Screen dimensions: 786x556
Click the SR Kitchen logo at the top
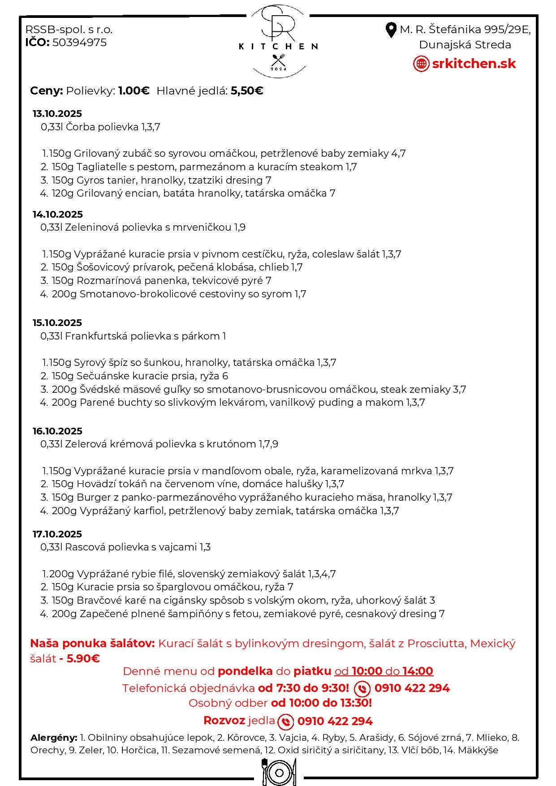click(x=278, y=40)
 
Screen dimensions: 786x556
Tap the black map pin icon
click(x=391, y=30)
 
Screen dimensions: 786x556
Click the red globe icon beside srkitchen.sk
click(x=421, y=64)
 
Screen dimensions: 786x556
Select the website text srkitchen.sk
click(x=474, y=64)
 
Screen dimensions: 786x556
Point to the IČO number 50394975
click(x=79, y=43)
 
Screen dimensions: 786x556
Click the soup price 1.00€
click(x=134, y=91)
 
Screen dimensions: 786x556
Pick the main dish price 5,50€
click(x=247, y=91)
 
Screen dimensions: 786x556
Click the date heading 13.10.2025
click(x=57, y=114)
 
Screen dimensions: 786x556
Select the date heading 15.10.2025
click(x=57, y=323)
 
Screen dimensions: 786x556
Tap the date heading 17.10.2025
click(x=57, y=534)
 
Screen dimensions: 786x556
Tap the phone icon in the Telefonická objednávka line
click(x=362, y=688)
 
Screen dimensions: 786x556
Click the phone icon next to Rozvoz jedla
click(x=286, y=722)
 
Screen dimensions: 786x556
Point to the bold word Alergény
click(x=54, y=737)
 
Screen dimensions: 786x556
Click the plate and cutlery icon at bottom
click(x=279, y=772)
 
